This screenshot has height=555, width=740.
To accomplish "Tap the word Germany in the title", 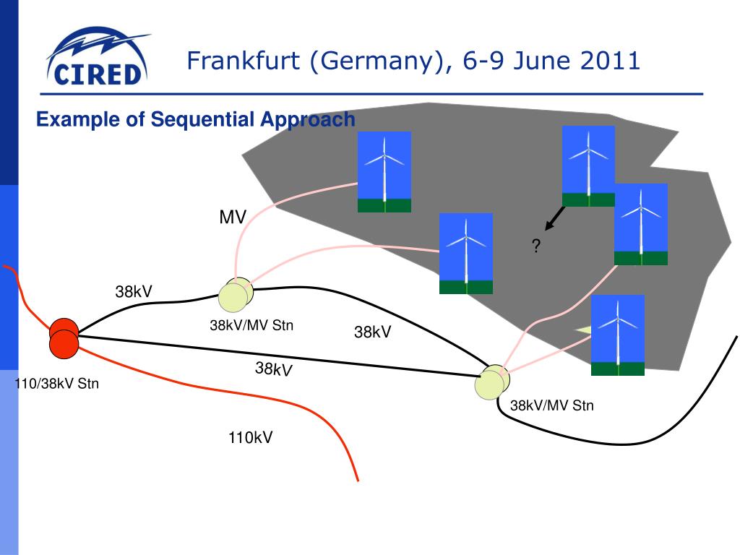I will click(375, 61).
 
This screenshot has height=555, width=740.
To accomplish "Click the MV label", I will click(233, 218).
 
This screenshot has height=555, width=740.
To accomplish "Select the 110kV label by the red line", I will click(250, 437).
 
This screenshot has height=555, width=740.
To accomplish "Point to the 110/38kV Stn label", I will click(56, 384).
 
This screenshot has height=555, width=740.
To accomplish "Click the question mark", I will click(535, 247).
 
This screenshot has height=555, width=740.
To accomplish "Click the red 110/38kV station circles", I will click(64, 338).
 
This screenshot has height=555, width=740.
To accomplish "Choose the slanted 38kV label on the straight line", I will click(273, 370).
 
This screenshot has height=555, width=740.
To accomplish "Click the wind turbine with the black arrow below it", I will click(588, 165).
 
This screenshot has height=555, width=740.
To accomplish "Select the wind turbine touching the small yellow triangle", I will click(618, 335).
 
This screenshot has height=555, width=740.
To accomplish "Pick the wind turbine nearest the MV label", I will click(384, 171).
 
